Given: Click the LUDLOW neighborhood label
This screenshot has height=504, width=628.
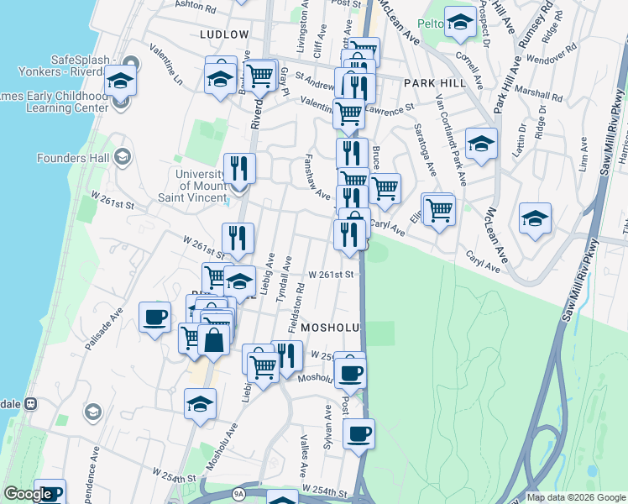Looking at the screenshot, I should tap(225, 34).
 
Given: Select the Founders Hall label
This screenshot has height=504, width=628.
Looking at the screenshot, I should tap(72, 158).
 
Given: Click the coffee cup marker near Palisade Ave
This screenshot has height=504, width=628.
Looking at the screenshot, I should tap(154, 317).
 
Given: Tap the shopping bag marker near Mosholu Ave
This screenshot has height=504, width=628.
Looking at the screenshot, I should tap(214, 340).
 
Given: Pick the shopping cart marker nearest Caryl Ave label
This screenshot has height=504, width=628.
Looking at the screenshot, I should tap(439, 209).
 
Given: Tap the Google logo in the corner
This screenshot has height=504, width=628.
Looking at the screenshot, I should tap(28, 495).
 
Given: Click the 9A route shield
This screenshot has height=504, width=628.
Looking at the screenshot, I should tap(238, 495).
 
